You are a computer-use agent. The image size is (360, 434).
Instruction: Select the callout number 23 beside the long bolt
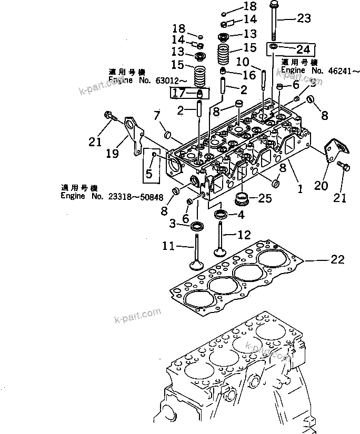[x=304, y=19]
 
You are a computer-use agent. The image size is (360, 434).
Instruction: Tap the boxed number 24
[x=303, y=50]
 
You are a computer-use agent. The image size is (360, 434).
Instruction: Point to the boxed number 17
[x=178, y=94]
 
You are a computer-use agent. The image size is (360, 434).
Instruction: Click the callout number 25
[x=264, y=198]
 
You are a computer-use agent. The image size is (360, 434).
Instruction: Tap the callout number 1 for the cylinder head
[x=300, y=186]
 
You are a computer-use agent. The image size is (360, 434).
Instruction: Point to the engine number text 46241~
[x=323, y=70]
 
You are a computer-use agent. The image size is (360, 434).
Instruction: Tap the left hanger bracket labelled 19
[x=129, y=132]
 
